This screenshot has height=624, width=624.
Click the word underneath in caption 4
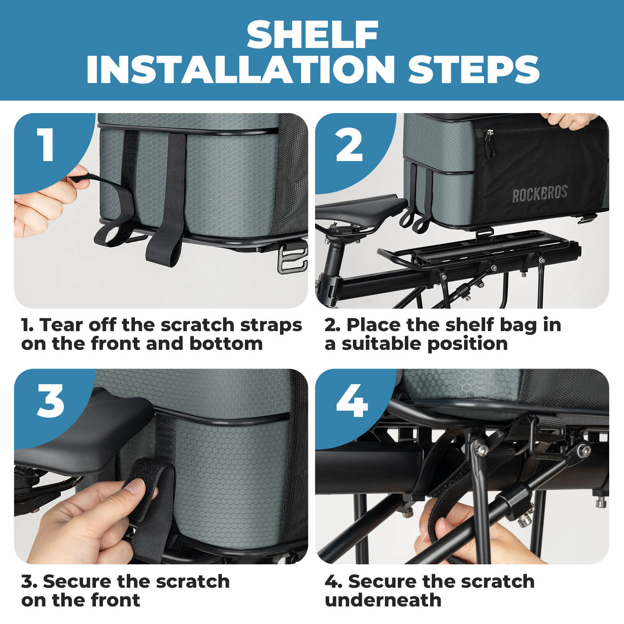pyautogui.click(x=383, y=600)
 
